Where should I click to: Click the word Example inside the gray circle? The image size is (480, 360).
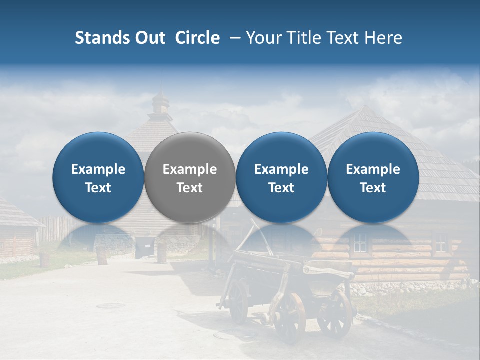click(190, 169)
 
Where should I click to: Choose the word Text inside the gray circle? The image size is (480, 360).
click(190, 188)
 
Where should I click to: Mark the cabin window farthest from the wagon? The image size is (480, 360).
click(440, 243)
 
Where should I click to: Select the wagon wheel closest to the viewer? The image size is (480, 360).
click(289, 317)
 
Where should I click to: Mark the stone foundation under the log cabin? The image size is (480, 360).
click(400, 288)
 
